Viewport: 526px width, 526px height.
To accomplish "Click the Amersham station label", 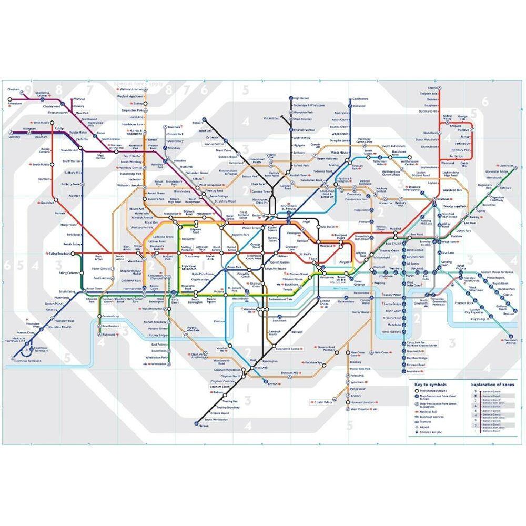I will [x=14, y=104].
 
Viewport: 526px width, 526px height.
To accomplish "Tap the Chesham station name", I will [x=14, y=89].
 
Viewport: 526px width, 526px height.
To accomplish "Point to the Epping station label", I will [x=432, y=87].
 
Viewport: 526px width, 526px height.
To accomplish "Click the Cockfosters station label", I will [x=360, y=99].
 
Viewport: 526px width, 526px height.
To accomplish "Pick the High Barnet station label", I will [x=301, y=98].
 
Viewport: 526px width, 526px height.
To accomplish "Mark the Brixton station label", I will [x=272, y=384].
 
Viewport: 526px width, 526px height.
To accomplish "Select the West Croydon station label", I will [x=360, y=409].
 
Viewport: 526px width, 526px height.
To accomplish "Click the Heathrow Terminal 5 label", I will [x=28, y=361].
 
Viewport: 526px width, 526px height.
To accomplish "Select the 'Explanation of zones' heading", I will [x=489, y=385].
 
